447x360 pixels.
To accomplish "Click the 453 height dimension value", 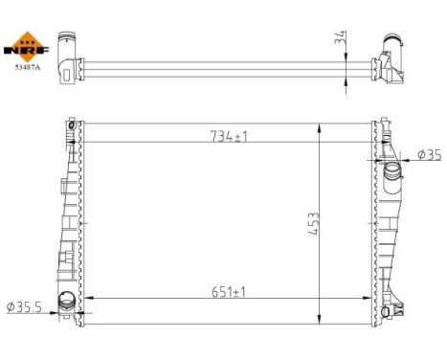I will pos(313,226).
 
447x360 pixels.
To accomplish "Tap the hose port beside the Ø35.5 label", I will pos(68,301).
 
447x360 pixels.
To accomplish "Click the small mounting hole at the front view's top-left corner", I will pos(71,123).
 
